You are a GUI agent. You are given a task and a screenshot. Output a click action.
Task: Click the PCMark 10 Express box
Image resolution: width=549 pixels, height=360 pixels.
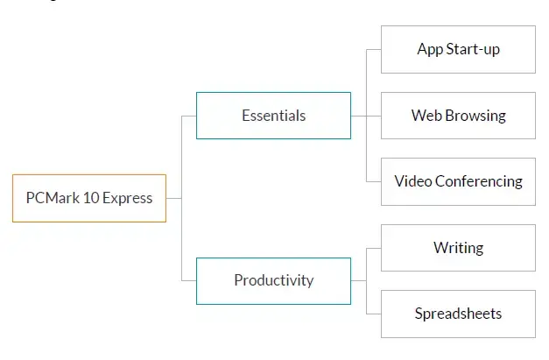(89, 198)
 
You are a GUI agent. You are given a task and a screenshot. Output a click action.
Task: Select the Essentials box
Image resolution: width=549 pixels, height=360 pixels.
(273, 116)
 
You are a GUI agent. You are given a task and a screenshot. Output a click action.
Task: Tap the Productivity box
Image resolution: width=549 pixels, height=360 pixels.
(273, 281)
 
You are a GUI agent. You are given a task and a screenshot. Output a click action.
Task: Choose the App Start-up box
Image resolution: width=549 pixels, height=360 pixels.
(458, 49)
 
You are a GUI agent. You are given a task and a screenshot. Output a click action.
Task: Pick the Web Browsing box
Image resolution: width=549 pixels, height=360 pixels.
(458, 116)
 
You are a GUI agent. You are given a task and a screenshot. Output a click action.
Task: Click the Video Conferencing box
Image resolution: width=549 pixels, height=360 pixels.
(458, 181)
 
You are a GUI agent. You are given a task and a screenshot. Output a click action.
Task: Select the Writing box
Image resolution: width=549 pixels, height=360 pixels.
(458, 248)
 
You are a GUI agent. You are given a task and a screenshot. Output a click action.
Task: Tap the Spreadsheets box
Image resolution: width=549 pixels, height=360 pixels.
(458, 314)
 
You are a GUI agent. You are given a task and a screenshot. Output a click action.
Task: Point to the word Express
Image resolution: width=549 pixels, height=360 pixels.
(128, 199)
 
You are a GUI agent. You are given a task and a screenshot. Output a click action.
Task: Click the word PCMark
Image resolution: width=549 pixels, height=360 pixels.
(53, 198)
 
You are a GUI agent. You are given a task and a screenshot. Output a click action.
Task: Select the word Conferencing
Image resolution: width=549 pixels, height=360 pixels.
(479, 181)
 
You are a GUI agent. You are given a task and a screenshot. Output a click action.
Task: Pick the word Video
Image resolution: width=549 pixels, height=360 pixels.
(413, 181)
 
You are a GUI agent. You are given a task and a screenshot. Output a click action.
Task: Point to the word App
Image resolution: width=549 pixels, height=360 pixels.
(430, 50)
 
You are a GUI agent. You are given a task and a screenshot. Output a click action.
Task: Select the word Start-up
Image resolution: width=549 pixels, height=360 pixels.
(473, 50)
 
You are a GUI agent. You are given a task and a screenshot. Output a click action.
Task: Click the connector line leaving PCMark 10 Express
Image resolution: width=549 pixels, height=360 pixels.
(174, 198)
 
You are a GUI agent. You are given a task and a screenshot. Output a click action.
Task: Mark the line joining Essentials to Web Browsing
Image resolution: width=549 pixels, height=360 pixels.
(366, 116)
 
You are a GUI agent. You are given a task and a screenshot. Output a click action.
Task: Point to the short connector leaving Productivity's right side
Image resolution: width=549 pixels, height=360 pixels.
(358, 280)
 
